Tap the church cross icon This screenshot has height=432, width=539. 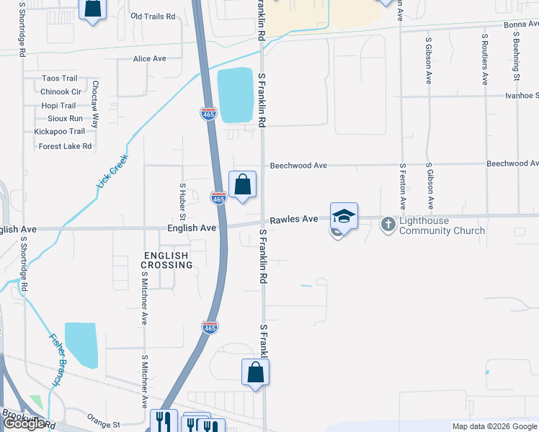click(388, 225)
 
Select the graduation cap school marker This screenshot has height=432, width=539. click(344, 217)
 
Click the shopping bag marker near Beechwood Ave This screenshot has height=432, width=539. click(243, 184)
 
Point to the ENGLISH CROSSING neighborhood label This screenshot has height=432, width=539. click(166, 260)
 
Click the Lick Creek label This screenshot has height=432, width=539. click(112, 172)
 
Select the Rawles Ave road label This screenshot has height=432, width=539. click(294, 220)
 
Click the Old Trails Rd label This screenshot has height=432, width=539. click(153, 16)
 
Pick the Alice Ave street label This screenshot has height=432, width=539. click(150, 59)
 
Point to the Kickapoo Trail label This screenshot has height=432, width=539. click(59, 132)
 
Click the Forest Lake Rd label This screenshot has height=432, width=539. click(65, 146)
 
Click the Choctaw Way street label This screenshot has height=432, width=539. click(95, 104)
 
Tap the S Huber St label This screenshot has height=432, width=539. click(182, 202)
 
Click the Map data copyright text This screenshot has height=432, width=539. click(494, 426)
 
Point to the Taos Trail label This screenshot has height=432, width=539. click(60, 78)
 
